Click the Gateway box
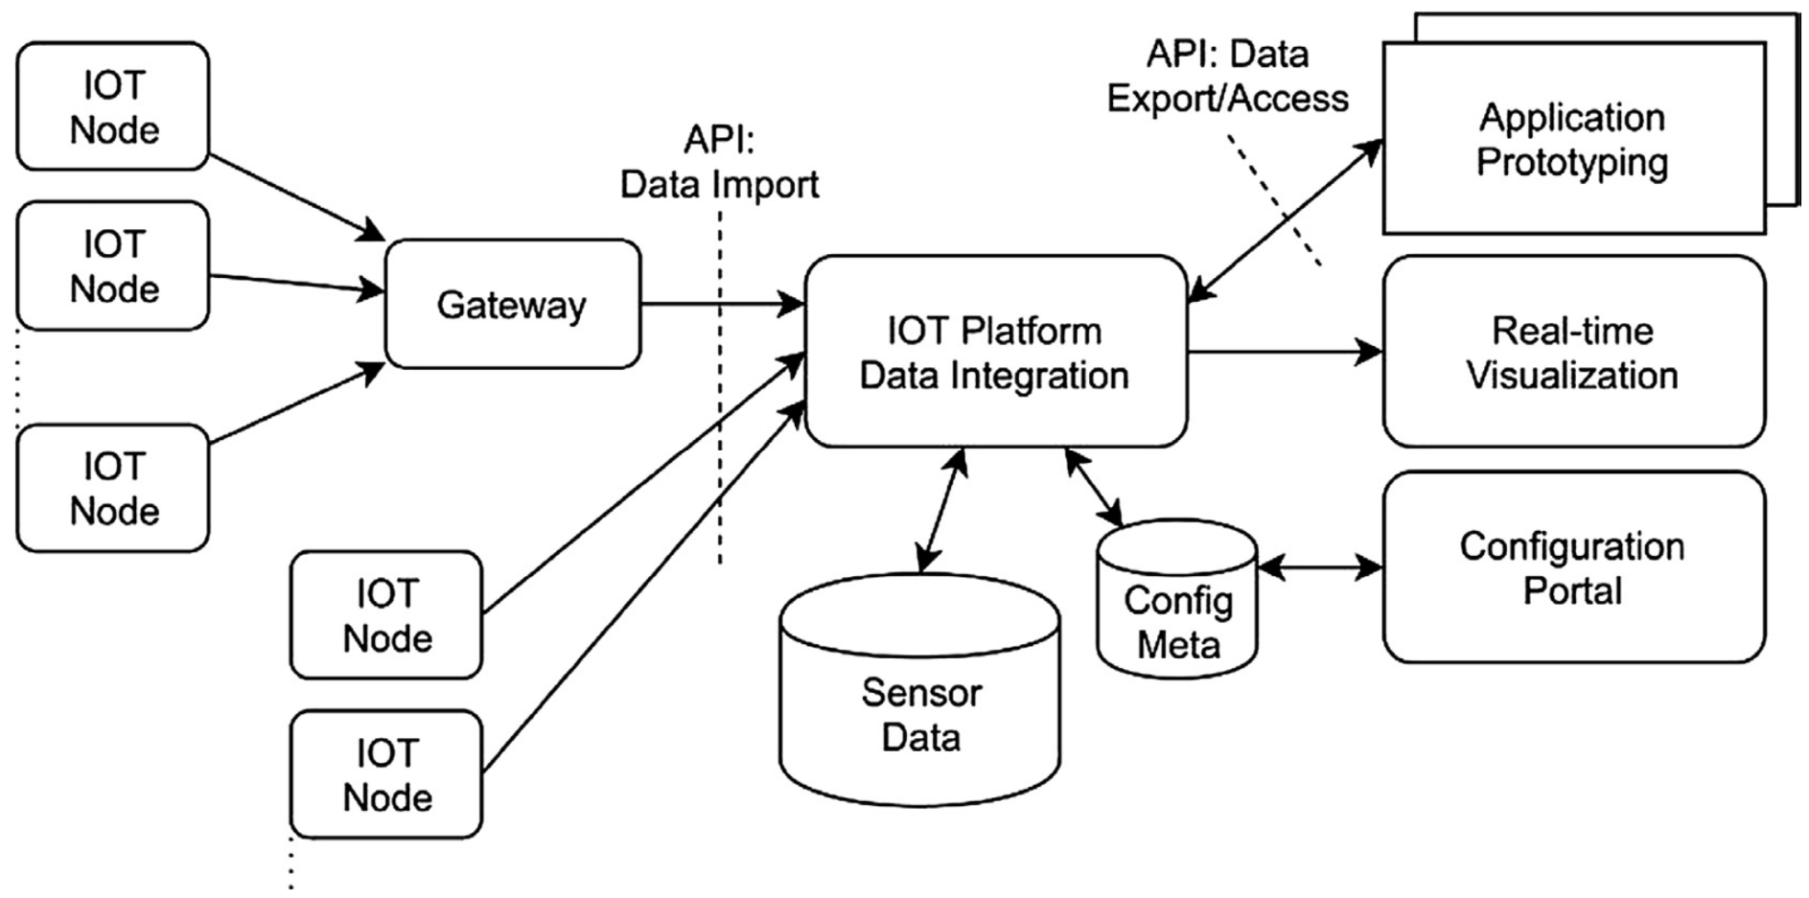click(x=512, y=304)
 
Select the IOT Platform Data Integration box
click(x=995, y=352)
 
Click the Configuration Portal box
click(x=1572, y=567)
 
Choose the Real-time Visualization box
click(x=1572, y=352)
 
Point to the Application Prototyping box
click(x=1572, y=139)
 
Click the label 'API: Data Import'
click(x=719, y=162)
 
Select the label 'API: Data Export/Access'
click(x=1227, y=77)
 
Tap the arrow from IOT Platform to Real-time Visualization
click(x=1285, y=352)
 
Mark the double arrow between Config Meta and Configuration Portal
click(x=1319, y=567)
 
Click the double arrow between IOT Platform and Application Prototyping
click(x=1285, y=221)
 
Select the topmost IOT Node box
click(x=113, y=106)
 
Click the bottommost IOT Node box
click(x=386, y=774)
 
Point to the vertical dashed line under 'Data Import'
click(x=720, y=431)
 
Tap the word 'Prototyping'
click(x=1572, y=162)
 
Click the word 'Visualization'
click(x=1572, y=375)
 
